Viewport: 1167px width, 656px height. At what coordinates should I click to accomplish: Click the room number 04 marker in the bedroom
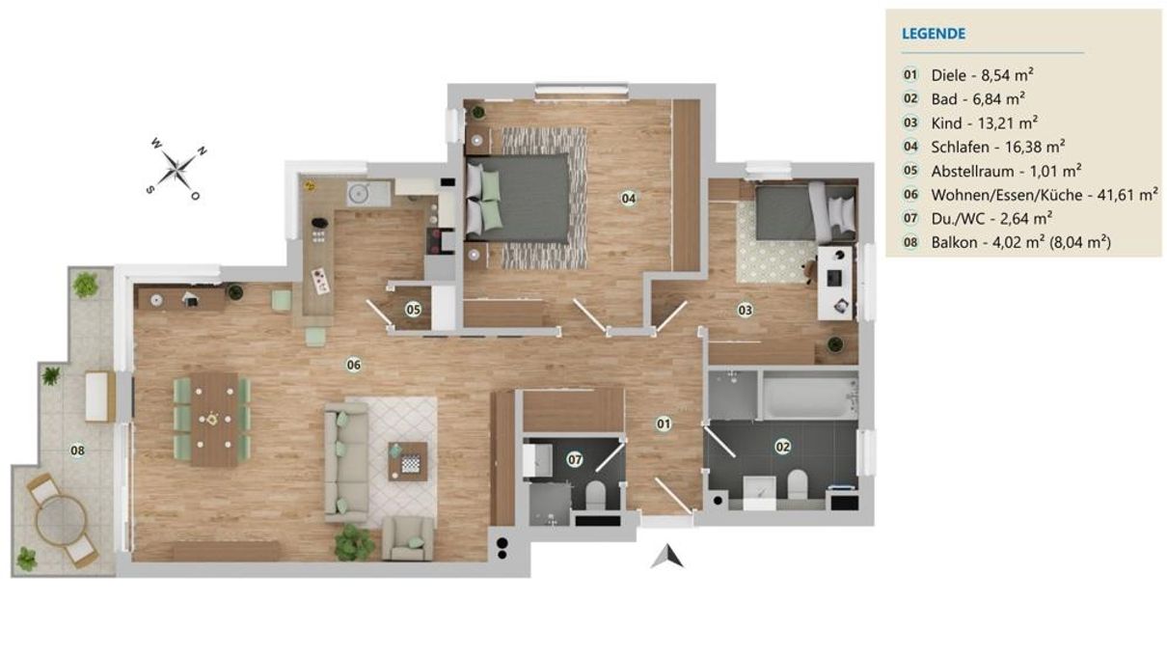[x=628, y=198]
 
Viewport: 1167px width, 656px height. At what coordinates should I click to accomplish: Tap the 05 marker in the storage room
[x=413, y=310]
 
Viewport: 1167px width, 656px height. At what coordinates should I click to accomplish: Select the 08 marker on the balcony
[x=77, y=451]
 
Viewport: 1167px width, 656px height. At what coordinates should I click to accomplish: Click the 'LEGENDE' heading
[x=934, y=34]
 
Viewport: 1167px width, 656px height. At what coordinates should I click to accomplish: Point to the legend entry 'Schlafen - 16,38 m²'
[x=997, y=147]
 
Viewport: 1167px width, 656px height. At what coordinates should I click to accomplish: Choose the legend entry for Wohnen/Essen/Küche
[x=1045, y=195]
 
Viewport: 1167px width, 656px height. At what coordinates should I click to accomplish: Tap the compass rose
[x=177, y=170]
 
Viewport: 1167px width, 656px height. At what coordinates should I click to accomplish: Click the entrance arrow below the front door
[x=666, y=556]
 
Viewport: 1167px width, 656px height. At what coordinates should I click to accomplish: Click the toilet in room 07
[x=595, y=495]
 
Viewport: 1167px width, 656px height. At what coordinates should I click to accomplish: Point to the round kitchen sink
[x=359, y=193]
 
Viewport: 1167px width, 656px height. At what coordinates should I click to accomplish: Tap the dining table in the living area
[x=214, y=419]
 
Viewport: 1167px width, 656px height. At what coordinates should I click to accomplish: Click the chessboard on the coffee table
[x=410, y=463]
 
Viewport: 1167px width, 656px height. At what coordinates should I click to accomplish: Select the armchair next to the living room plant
[x=408, y=538]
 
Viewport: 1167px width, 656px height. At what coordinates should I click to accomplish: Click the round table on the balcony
[x=61, y=520]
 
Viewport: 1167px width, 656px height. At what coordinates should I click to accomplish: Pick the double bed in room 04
[x=517, y=198]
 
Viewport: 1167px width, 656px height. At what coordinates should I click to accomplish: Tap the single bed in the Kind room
[x=806, y=211]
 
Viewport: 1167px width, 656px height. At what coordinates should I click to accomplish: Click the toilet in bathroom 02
[x=797, y=484]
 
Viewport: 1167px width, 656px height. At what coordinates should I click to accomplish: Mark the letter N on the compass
[x=203, y=151]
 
